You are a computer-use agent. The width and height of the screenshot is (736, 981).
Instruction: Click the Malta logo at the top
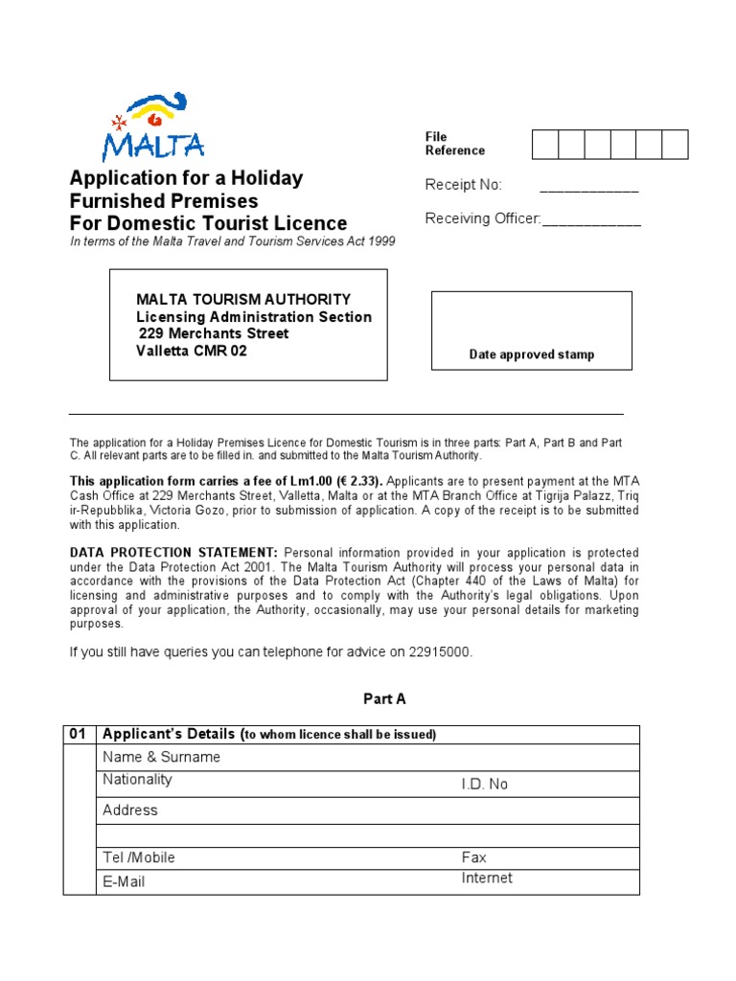[154, 127]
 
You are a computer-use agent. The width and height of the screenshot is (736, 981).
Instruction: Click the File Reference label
[454, 144]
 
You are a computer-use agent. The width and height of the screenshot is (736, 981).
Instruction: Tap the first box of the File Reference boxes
[545, 144]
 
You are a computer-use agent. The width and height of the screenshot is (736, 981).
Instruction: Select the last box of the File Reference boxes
[675, 144]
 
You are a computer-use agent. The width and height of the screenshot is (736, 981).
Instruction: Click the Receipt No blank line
[588, 186]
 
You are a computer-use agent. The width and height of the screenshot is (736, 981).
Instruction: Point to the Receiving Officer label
[483, 218]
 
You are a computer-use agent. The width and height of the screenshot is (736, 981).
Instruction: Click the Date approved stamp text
[531, 354]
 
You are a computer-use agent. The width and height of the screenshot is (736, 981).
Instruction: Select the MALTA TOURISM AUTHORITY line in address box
[243, 299]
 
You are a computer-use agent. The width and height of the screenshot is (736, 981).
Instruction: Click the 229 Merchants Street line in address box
[214, 333]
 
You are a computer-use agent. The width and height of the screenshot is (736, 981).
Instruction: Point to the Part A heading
[384, 699]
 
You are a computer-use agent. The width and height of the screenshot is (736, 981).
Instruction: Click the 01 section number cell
[79, 734]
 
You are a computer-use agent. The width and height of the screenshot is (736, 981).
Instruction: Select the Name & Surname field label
[161, 757]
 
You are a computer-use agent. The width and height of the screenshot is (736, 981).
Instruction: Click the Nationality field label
[138, 780]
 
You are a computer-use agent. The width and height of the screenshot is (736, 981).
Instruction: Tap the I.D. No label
[484, 784]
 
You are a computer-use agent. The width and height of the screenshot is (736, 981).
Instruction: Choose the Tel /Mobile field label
[139, 857]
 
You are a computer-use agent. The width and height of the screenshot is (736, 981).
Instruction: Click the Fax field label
[473, 857]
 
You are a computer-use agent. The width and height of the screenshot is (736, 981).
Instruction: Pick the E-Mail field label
[124, 880]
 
